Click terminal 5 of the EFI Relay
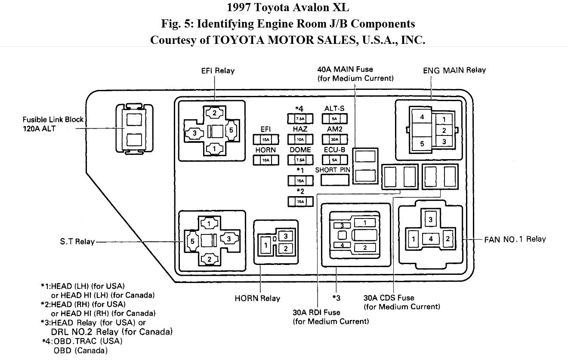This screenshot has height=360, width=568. click(230, 131)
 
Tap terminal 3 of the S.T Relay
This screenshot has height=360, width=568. click(229, 238)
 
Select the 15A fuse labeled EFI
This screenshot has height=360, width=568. click(265, 139)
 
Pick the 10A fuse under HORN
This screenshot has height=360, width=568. click(265, 160)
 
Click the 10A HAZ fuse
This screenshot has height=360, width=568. click(300, 139)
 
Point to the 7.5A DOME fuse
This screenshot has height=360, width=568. click(300, 160)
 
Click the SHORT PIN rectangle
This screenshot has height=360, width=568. click(333, 180)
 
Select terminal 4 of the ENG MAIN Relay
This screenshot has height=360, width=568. click(422, 117)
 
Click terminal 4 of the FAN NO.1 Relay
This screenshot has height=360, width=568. click(430, 238)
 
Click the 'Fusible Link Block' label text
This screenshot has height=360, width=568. click(53, 120)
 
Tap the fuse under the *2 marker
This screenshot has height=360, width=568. click(300, 201)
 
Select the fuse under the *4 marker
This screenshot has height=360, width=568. click(300, 119)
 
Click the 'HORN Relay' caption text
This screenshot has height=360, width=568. click(257, 298)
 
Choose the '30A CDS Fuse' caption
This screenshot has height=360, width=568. click(389, 298)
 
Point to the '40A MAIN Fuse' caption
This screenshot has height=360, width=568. click(345, 69)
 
